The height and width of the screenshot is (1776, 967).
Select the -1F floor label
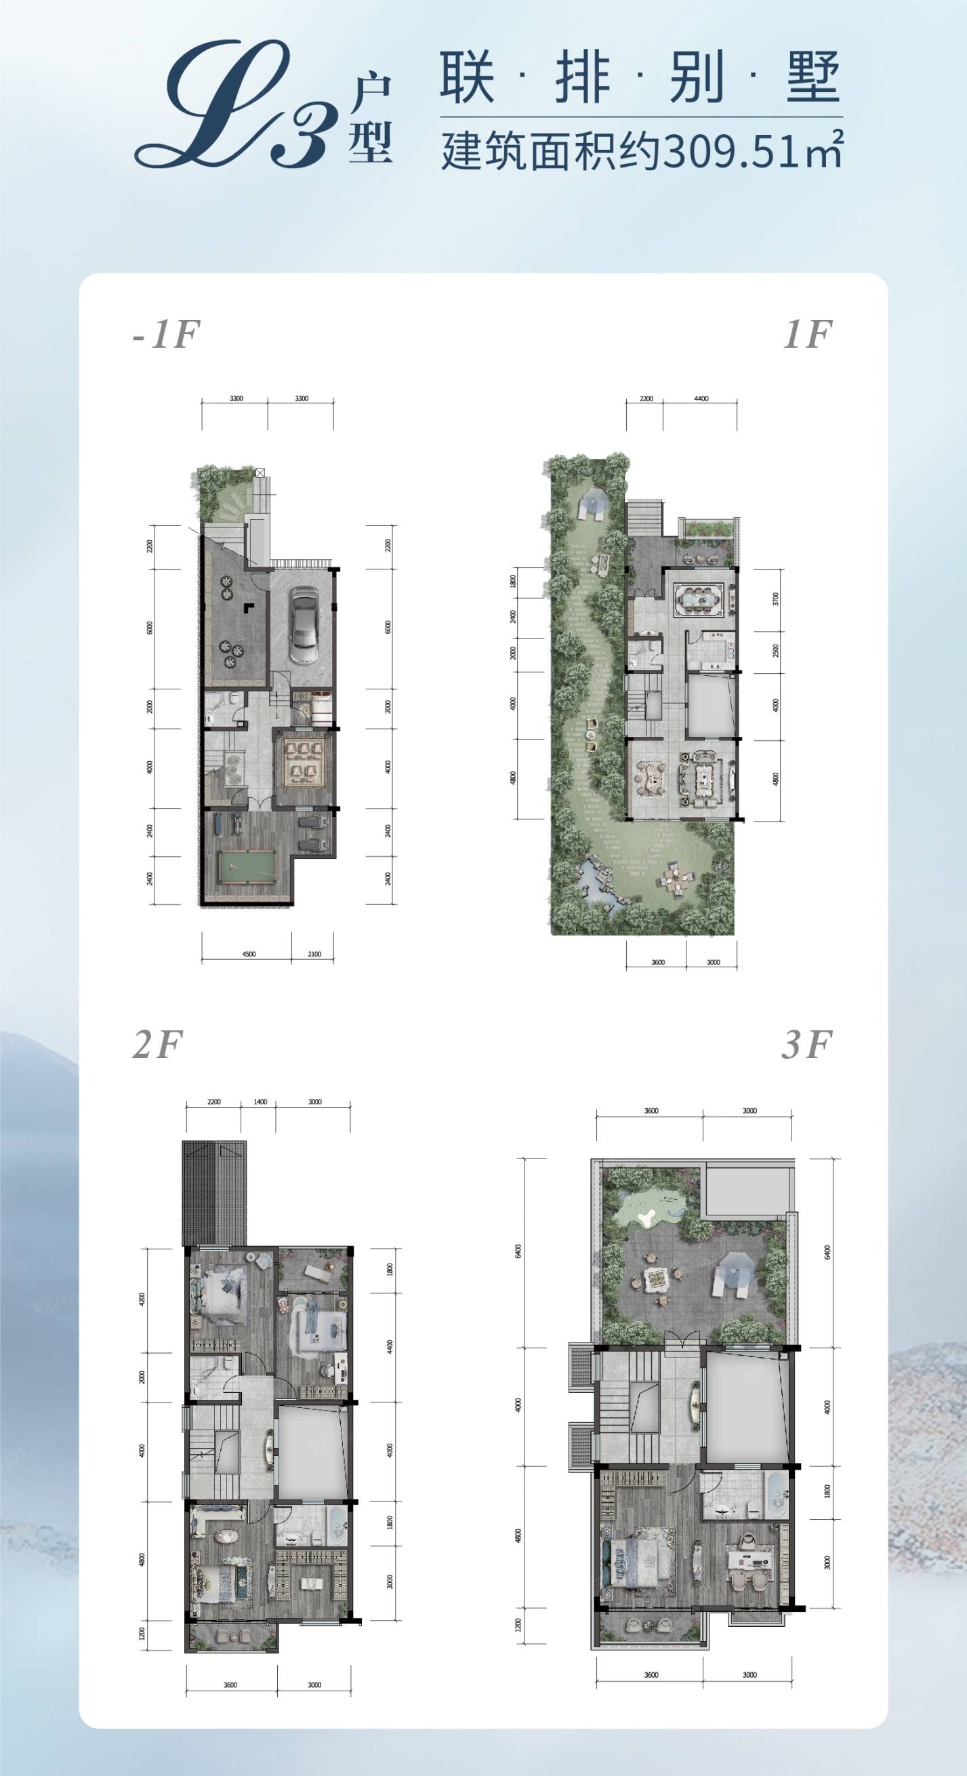[165, 334]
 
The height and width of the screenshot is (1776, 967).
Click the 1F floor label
[807, 334]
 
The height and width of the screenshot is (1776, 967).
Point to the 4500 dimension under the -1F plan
[249, 954]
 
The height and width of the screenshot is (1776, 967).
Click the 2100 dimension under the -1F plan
[314, 954]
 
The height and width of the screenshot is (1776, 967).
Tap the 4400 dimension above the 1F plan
[701, 399]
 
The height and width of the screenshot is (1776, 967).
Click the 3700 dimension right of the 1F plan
[775, 599]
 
